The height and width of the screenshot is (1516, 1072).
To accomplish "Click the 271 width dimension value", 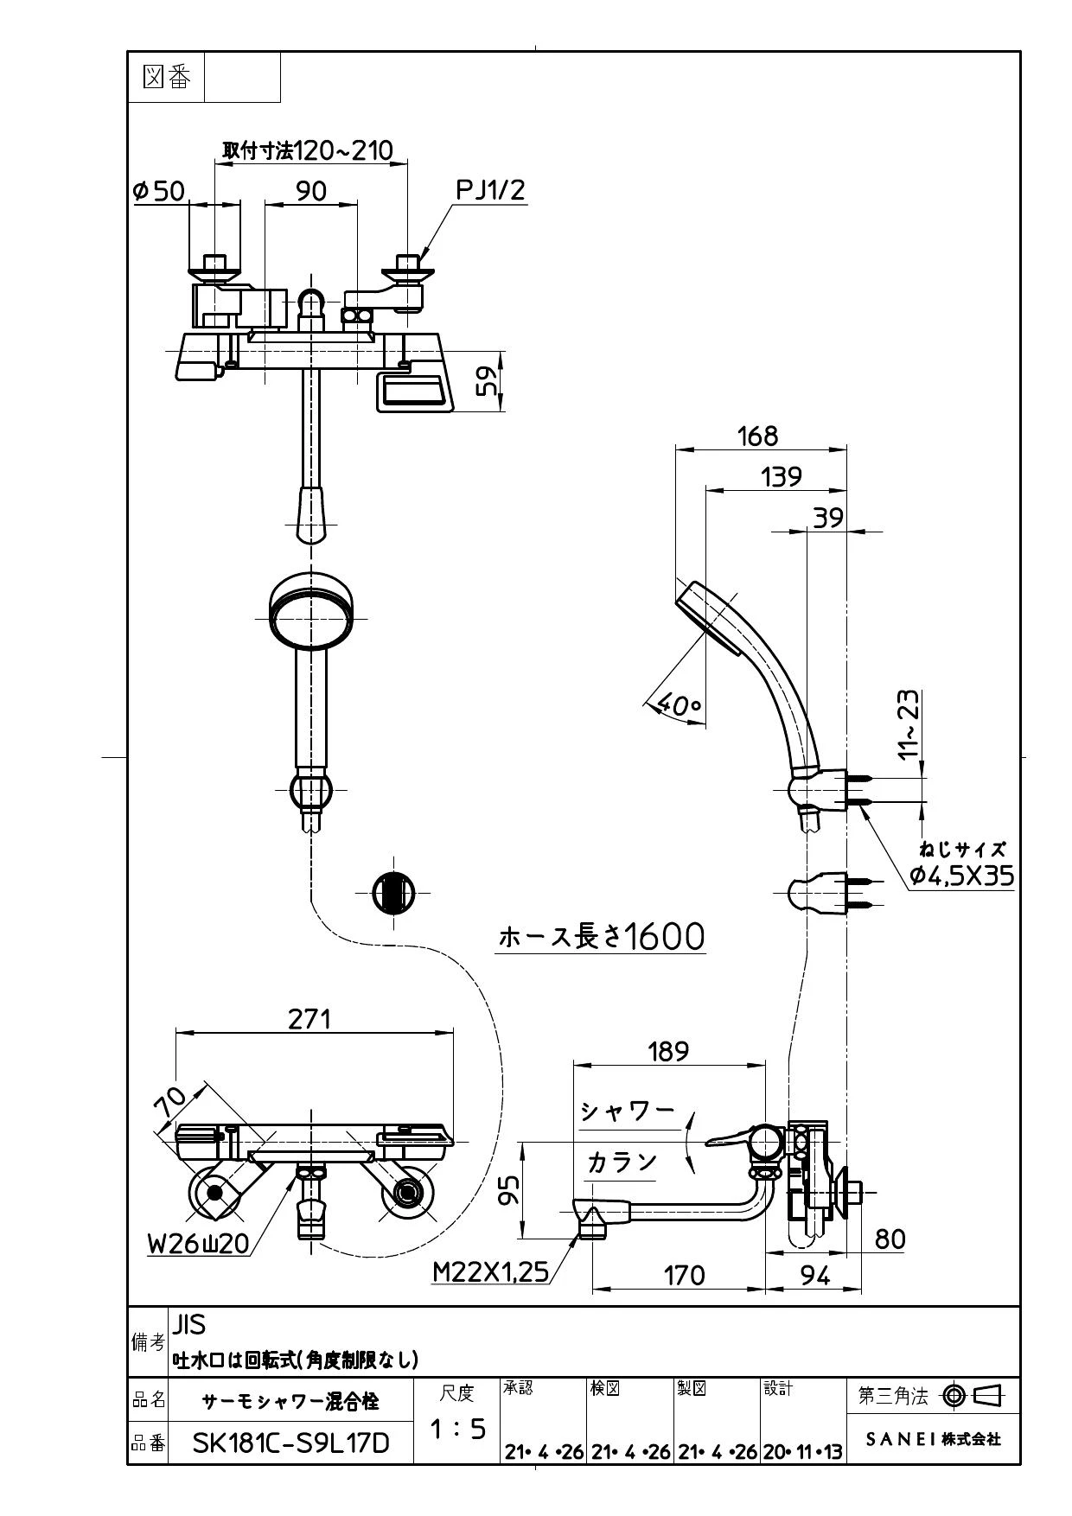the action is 309,1019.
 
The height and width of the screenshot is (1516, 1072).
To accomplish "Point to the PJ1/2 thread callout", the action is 490,189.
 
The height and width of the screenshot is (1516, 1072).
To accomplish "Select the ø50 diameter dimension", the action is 159,190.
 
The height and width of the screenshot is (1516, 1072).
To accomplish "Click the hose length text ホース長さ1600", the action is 602,936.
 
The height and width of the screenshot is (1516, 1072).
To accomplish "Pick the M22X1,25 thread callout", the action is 491,1271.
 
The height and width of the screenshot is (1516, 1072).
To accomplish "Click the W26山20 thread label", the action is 198,1243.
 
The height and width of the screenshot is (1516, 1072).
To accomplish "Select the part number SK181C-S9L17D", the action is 290,1443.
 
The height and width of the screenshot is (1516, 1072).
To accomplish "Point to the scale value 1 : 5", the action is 458,1430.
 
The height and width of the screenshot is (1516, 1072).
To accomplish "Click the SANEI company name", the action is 934,1439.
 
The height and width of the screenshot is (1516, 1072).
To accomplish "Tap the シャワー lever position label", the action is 628,1111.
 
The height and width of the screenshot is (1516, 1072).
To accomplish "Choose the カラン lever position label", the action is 622,1162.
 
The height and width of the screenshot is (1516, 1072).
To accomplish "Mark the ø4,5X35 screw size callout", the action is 961,876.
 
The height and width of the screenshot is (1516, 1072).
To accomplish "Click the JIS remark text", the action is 189,1324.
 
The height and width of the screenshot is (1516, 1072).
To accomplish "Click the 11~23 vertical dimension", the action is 909,724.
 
